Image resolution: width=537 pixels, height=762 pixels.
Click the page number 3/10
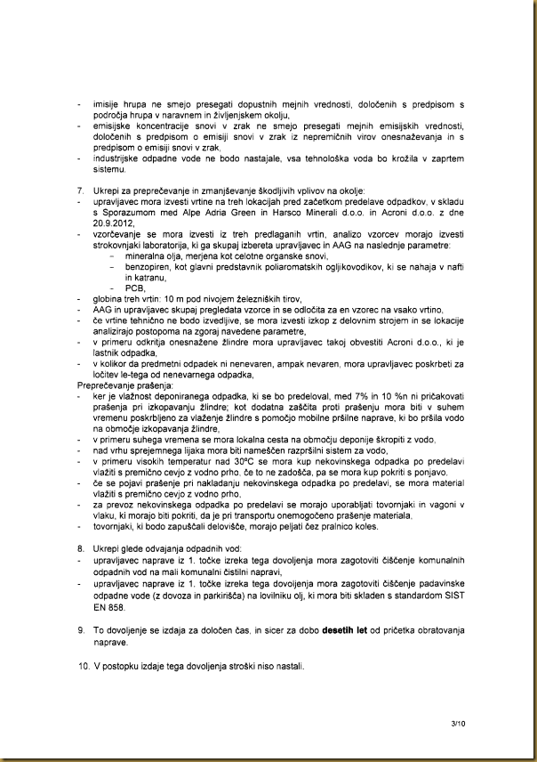pyautogui.click(x=457, y=726)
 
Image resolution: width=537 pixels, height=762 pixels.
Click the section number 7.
pyautogui.click(x=81, y=191)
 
